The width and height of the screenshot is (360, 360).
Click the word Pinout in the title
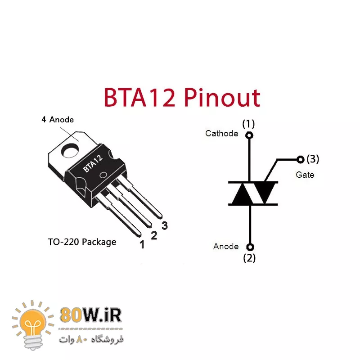224,98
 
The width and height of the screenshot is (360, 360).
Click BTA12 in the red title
139,98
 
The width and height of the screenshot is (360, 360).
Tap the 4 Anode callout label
57,120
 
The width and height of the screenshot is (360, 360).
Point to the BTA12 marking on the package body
93,163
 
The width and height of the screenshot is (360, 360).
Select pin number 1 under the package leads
142,244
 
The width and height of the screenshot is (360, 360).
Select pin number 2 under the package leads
154,235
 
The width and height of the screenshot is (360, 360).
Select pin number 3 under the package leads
165,226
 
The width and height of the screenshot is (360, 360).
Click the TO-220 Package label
82,242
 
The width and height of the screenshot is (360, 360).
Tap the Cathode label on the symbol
221,133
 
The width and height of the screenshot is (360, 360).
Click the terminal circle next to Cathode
249,135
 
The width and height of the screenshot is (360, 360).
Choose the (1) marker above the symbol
248,123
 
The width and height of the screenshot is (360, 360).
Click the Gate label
305,174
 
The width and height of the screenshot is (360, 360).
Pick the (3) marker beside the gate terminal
313,159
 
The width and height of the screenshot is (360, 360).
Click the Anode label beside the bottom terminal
226,246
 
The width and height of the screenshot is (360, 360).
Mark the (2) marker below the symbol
249,258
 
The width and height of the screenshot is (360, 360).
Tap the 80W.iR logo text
90,315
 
